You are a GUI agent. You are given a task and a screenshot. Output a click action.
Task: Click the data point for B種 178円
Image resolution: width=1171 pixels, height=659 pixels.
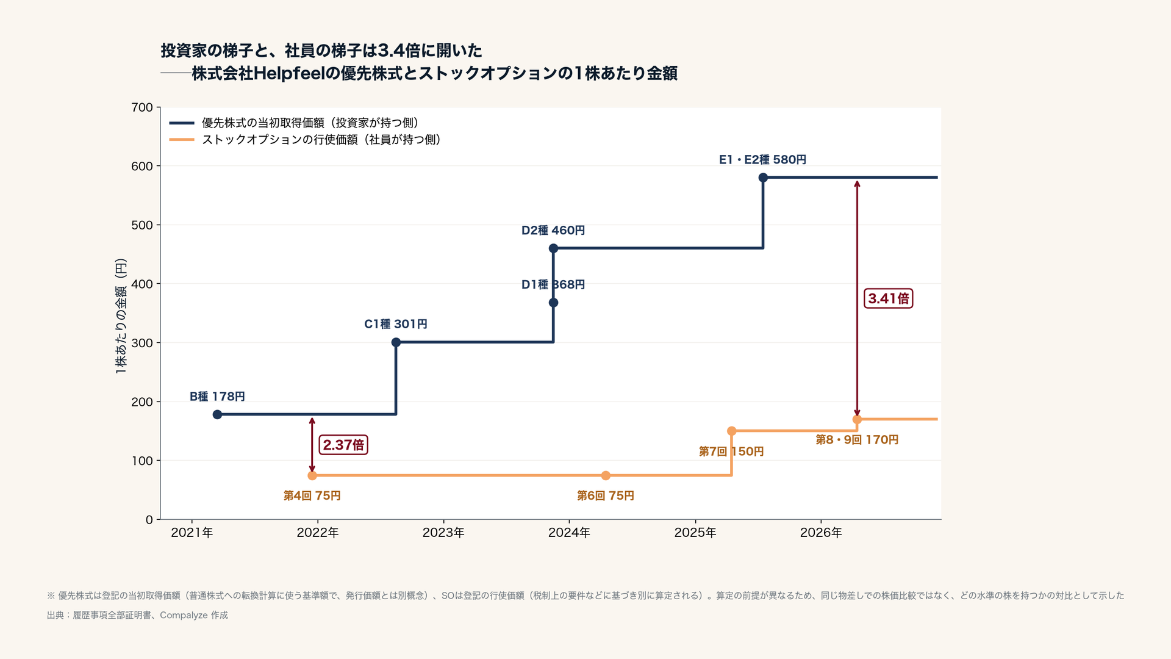click(217, 415)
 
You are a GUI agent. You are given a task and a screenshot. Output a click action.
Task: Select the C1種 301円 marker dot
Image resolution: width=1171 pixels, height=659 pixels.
click(396, 342)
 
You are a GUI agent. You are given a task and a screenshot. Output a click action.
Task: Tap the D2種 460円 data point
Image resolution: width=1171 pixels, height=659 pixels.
click(553, 248)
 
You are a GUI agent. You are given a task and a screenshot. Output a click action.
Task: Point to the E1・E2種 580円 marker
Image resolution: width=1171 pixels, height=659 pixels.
click(763, 178)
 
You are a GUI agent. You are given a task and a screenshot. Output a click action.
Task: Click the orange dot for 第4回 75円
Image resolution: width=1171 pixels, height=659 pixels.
click(312, 475)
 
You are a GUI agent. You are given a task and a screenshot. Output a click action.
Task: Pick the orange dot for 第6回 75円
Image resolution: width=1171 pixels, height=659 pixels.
click(606, 475)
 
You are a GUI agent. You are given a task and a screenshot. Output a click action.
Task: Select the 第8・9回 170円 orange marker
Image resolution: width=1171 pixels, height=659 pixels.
click(857, 419)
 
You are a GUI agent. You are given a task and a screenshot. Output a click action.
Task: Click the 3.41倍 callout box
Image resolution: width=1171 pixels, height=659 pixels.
click(889, 298)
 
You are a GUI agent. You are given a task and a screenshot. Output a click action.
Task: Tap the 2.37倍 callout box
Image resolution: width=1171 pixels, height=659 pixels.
click(343, 445)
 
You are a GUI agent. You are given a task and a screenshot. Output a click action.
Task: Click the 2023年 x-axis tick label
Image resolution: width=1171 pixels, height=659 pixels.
click(443, 533)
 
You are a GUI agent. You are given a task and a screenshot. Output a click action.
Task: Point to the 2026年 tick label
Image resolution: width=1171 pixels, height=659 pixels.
click(821, 533)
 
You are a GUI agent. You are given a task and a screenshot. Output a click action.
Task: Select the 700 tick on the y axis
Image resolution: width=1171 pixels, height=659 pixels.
click(142, 107)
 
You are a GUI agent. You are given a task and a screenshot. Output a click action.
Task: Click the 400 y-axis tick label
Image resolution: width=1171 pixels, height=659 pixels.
click(142, 284)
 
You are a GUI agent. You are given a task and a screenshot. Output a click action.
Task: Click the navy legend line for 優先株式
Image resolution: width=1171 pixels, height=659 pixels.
click(182, 123)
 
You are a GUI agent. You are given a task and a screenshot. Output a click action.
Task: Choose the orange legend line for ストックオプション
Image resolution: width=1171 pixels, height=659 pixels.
click(182, 140)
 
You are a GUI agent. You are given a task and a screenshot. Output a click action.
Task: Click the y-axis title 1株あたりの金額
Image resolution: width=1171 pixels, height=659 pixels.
click(121, 316)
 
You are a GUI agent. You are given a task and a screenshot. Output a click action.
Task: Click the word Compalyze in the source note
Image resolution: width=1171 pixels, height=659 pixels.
click(184, 615)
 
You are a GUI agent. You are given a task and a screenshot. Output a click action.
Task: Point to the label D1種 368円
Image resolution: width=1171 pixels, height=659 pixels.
click(553, 285)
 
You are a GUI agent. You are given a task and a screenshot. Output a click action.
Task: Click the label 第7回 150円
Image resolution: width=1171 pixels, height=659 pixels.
click(731, 452)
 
